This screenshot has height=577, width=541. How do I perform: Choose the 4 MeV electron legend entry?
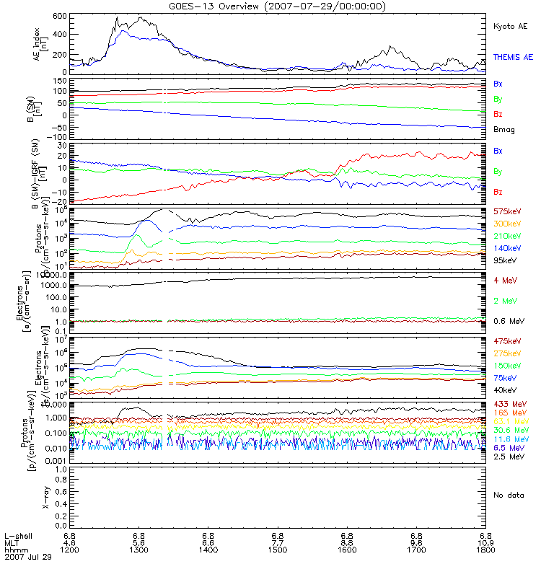pyautogui.click(x=503, y=280)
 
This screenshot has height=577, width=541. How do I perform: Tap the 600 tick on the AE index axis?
pyautogui.click(x=59, y=15)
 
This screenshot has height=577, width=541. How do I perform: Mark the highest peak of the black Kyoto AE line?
pyautogui.click(x=140, y=17)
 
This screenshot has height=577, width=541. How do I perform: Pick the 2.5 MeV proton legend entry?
pyautogui.click(x=506, y=457)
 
